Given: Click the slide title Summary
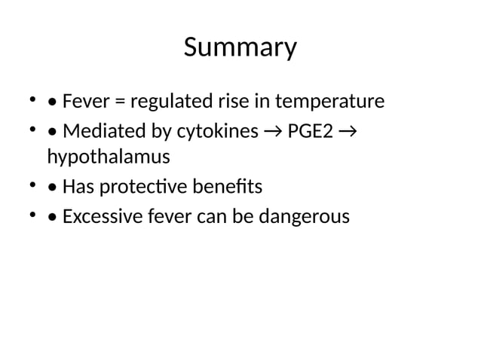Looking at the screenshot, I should click(240, 48).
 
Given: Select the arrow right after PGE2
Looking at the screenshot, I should click(348, 133).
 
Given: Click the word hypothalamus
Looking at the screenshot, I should click(108, 158).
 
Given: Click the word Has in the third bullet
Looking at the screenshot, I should click(77, 186).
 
